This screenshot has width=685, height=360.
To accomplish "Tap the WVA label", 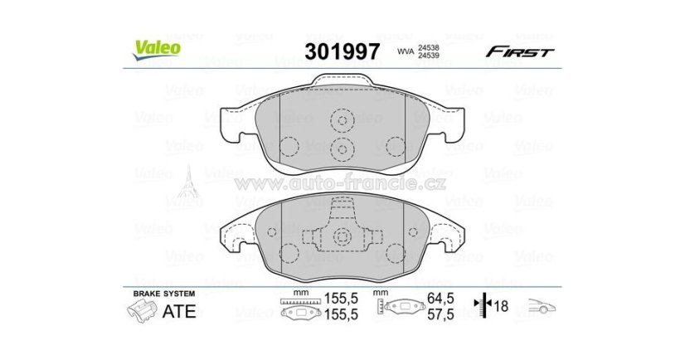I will [x=406, y=51].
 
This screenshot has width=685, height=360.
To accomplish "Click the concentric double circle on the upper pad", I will [x=341, y=148].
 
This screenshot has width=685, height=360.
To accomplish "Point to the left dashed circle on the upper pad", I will [x=288, y=146].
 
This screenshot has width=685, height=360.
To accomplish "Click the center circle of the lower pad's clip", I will [x=341, y=237].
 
